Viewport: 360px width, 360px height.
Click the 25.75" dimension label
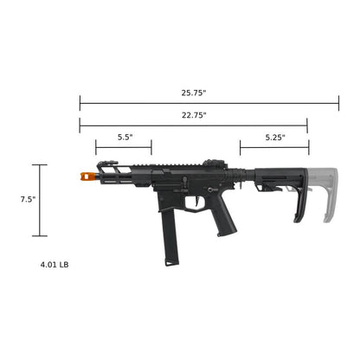coord(194,92)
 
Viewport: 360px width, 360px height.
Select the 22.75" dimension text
coord(194,114)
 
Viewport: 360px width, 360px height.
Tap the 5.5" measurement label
coord(125,137)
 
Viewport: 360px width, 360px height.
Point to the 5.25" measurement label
coord(274,137)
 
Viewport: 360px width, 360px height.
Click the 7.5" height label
coord(28,199)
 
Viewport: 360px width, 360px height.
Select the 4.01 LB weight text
coord(54,264)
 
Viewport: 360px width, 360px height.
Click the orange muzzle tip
coord(87,176)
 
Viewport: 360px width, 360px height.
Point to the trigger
coord(204,201)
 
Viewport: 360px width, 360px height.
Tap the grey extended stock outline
coord(327,195)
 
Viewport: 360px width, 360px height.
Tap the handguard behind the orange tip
coord(121,177)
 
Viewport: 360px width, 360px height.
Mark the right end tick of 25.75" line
coord(338,103)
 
